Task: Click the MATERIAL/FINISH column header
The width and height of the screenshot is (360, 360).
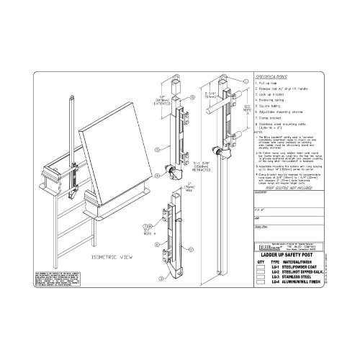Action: click(x=303, y=261)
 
